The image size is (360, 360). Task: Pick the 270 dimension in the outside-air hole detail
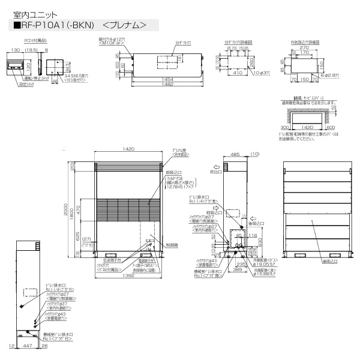[x=306, y=47]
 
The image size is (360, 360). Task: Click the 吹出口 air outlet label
[x=216, y=171]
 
